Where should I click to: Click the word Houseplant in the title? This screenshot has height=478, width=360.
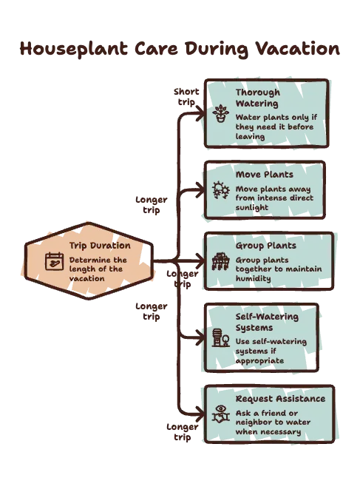[74, 49]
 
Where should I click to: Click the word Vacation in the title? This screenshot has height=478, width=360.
[297, 48]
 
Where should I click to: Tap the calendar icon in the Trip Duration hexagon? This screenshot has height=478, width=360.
[55, 261]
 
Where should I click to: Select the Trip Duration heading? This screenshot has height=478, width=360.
[100, 246]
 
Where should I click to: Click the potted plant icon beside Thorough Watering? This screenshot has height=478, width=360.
[221, 113]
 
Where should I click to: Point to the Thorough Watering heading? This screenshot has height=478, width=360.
[258, 98]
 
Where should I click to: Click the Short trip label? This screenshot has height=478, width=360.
[186, 97]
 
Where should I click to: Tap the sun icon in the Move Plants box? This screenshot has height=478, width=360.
[221, 190]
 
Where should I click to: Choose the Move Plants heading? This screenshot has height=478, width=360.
[265, 175]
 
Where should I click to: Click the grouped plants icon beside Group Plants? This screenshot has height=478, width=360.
[221, 261]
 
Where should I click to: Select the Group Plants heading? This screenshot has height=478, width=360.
[266, 246]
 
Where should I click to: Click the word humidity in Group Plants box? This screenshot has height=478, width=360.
[253, 279]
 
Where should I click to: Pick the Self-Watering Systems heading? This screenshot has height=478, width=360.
[267, 322]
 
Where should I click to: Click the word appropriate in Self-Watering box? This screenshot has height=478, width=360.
[259, 361]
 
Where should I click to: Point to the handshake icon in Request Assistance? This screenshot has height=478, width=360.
[221, 414]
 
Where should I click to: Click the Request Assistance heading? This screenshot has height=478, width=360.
[280, 399]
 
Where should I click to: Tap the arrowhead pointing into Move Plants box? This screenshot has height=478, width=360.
[200, 189]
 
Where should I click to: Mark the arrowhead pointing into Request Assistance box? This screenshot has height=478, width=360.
[200, 414]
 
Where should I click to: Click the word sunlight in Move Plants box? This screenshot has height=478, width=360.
[252, 208]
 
